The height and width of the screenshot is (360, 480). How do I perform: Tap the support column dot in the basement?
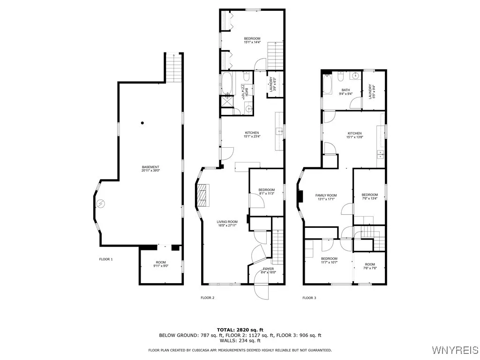tap(143, 123)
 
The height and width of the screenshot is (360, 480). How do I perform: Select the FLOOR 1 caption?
tap(106, 259)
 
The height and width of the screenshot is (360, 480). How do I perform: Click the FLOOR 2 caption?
tap(207, 298)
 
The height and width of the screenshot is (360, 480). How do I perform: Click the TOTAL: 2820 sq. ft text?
tap(240, 330)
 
